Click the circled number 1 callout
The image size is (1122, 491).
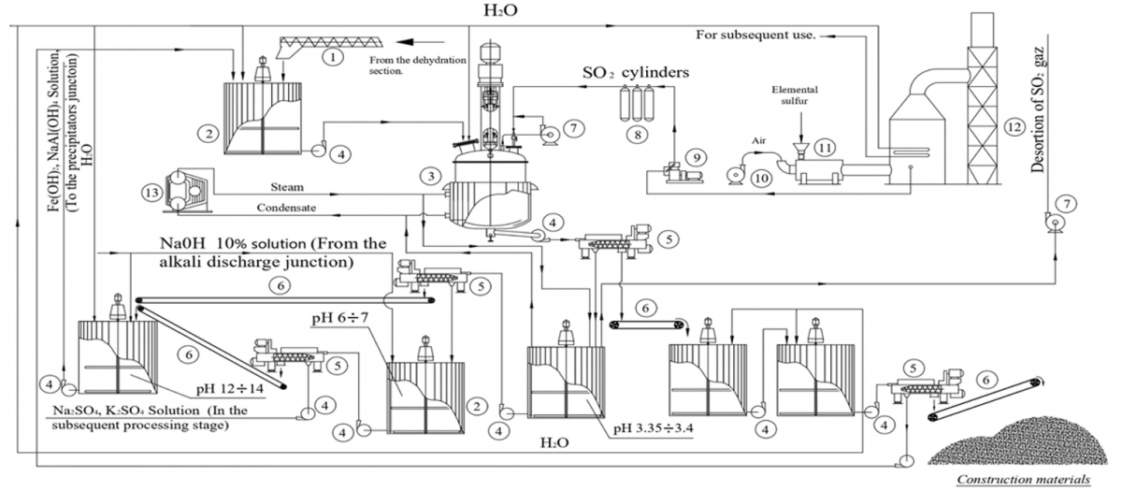coord(333,57)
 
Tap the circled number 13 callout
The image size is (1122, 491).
coord(151,193)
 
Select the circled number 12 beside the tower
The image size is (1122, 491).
coord(1014,127)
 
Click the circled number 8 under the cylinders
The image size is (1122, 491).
coord(637,135)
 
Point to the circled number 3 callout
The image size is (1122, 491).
coord(431,176)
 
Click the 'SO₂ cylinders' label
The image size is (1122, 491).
coord(636,73)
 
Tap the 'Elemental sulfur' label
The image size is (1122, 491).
coord(795,95)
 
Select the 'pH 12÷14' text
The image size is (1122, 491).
coord(230,389)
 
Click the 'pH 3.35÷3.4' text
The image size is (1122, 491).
coord(654,429)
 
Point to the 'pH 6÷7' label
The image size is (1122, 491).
coord(340,318)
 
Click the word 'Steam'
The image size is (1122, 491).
coord(287,187)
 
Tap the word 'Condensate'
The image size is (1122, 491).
coord(286,208)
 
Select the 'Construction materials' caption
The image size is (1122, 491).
coord(1024,480)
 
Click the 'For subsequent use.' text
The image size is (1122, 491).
coord(755,36)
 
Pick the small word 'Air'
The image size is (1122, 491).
coord(759,141)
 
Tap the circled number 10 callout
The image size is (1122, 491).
coord(761,179)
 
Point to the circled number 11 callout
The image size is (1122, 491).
coord(825,148)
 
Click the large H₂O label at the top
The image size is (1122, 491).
coord(500,10)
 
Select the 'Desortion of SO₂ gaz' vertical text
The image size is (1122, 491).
coord(1038,110)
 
